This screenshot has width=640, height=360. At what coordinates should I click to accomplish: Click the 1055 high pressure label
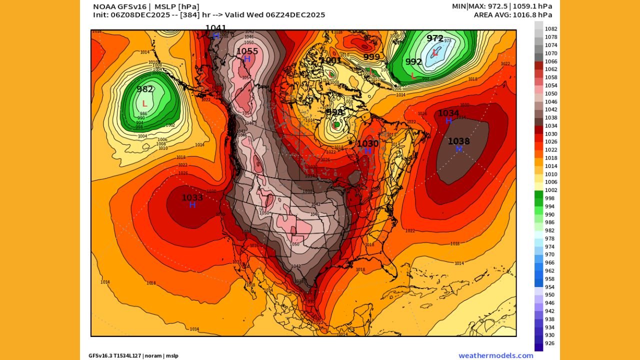247,51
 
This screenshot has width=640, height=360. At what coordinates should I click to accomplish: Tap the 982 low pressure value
145,89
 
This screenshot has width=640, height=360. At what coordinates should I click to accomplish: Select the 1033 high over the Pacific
192,198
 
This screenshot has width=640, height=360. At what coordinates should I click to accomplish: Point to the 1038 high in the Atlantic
458,141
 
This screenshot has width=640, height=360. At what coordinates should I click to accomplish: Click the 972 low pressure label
434,38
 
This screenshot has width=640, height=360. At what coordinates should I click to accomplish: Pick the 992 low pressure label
413,62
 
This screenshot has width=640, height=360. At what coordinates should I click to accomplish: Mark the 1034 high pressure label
448,113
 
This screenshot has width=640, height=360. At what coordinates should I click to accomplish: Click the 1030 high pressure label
367,143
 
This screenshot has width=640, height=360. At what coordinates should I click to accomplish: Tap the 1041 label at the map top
215,28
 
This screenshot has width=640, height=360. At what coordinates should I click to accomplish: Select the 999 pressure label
371,57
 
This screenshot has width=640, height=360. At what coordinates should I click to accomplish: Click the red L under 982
144,103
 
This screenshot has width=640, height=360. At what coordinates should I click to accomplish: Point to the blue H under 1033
192,205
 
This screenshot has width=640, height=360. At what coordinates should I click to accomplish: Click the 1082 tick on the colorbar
550,29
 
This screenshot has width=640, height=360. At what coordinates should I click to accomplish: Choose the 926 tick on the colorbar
549,343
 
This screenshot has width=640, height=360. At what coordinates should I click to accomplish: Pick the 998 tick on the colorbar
549,198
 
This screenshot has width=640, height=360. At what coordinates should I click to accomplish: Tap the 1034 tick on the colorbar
550,126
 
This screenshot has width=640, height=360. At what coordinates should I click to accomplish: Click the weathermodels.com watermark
495,355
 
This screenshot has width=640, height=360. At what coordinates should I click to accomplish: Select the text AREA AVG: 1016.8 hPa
513,15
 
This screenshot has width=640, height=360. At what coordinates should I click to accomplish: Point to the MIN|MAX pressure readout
502,6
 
